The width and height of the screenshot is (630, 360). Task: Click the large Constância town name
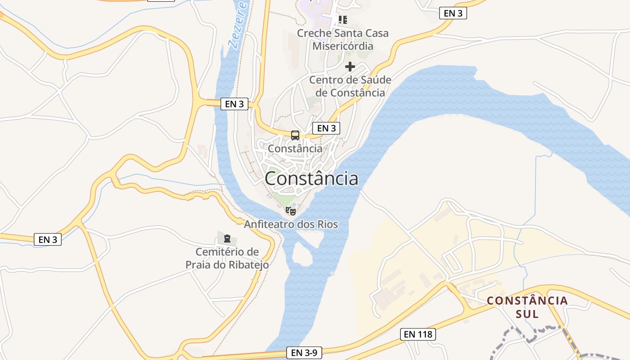311,179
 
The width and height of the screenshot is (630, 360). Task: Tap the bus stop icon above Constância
295,135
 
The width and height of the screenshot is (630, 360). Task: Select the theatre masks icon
291,211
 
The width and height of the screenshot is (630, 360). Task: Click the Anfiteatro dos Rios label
291,224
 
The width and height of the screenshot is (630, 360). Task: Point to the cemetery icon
227,238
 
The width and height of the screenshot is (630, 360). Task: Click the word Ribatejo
247,265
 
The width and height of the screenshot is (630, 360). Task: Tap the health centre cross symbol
350,67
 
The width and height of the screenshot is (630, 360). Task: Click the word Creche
314,33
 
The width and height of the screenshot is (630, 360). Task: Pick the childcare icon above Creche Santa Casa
343,20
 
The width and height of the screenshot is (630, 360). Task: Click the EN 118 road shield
418,334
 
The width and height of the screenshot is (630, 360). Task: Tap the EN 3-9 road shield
304,353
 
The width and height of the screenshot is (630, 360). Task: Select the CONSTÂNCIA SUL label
527,307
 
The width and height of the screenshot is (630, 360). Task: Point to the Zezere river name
238,25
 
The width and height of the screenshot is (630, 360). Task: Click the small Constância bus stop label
295,148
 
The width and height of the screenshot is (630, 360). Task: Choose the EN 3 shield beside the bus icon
326,128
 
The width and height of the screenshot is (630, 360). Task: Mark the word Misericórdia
343,46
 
